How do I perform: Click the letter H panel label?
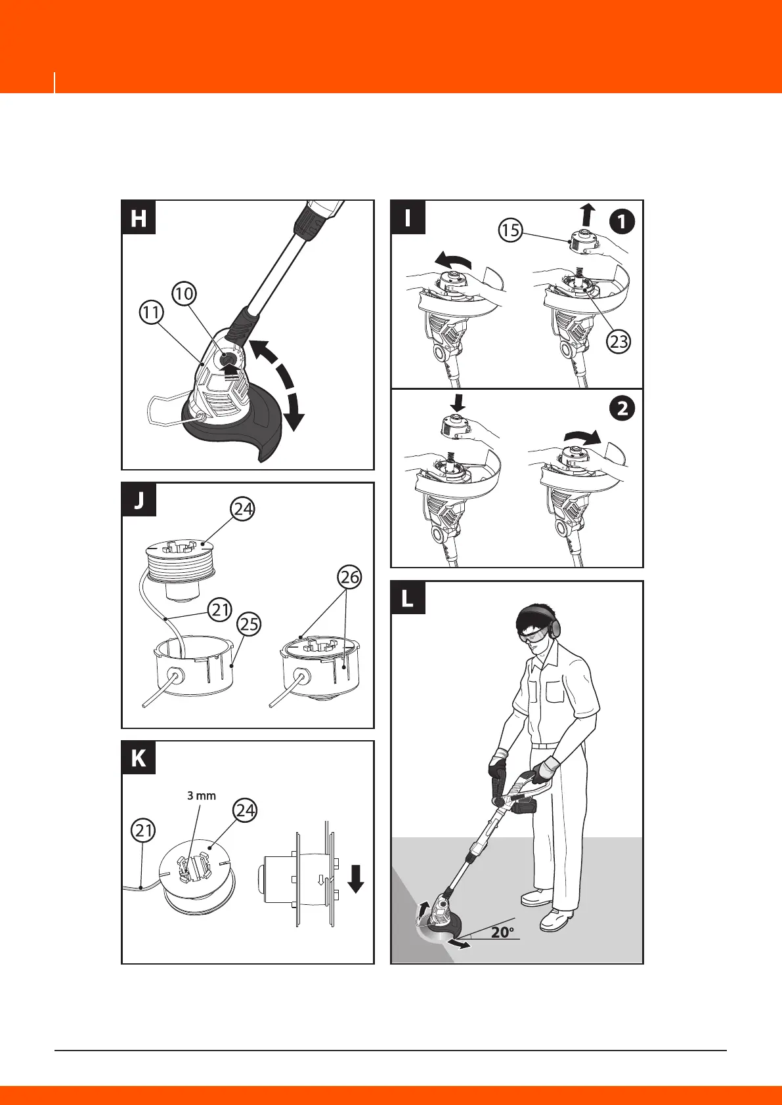click(x=139, y=218)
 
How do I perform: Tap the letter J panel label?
click(x=139, y=500)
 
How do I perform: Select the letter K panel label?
click(x=139, y=759)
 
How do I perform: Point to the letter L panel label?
click(x=408, y=598)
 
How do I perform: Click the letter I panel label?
click(x=408, y=218)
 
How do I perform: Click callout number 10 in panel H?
click(x=185, y=293)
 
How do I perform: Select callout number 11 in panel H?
click(x=152, y=312)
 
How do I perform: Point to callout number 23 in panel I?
click(x=619, y=341)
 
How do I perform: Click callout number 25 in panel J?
click(x=249, y=624)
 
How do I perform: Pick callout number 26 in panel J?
click(x=350, y=577)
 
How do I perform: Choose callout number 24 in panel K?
click(x=246, y=810)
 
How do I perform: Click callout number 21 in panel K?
click(x=144, y=831)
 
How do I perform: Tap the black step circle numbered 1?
click(x=622, y=222)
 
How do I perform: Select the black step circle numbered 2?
click(x=622, y=409)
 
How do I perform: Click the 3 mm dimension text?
click(x=202, y=795)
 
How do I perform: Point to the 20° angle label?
click(x=503, y=932)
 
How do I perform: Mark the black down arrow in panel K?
click(x=356, y=878)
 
